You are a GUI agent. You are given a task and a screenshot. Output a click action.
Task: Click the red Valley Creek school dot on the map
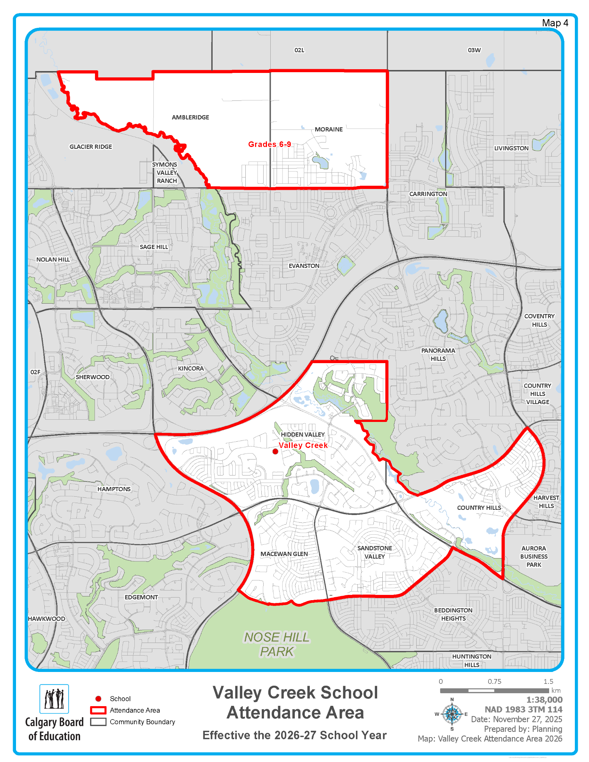[x=275, y=451]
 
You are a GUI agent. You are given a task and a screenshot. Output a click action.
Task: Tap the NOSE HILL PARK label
[x=277, y=644]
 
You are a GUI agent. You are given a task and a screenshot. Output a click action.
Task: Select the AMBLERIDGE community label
[x=190, y=117]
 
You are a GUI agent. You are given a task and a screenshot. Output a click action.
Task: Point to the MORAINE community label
[x=328, y=129]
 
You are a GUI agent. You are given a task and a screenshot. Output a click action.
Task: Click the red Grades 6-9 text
[x=270, y=144]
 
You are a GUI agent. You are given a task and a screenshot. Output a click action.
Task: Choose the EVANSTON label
[x=304, y=266]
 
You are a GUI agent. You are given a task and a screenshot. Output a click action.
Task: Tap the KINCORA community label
[x=191, y=368]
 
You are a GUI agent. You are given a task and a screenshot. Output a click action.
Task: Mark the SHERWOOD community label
[x=93, y=377]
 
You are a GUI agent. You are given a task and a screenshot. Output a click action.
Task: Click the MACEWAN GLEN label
[x=284, y=554]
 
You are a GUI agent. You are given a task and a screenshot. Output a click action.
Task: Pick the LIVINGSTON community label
[x=511, y=148]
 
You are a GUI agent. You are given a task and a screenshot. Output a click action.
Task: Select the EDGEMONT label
[x=141, y=597]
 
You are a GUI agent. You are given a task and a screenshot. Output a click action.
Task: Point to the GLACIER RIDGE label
[x=90, y=147]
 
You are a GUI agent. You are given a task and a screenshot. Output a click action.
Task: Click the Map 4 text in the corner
[x=555, y=23]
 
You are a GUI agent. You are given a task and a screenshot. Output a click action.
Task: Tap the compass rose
[x=452, y=714]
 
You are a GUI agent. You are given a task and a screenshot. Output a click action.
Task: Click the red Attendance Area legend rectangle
[x=98, y=710]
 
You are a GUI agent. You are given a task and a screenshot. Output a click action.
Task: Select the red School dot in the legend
[x=98, y=699]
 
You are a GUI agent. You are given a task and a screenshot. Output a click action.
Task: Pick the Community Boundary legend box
[x=98, y=721]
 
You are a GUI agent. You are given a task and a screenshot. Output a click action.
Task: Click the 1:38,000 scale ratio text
[x=544, y=700]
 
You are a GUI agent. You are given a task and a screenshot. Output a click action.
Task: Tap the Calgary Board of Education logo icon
[x=54, y=699]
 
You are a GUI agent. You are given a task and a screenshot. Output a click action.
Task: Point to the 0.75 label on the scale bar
[x=494, y=682]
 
